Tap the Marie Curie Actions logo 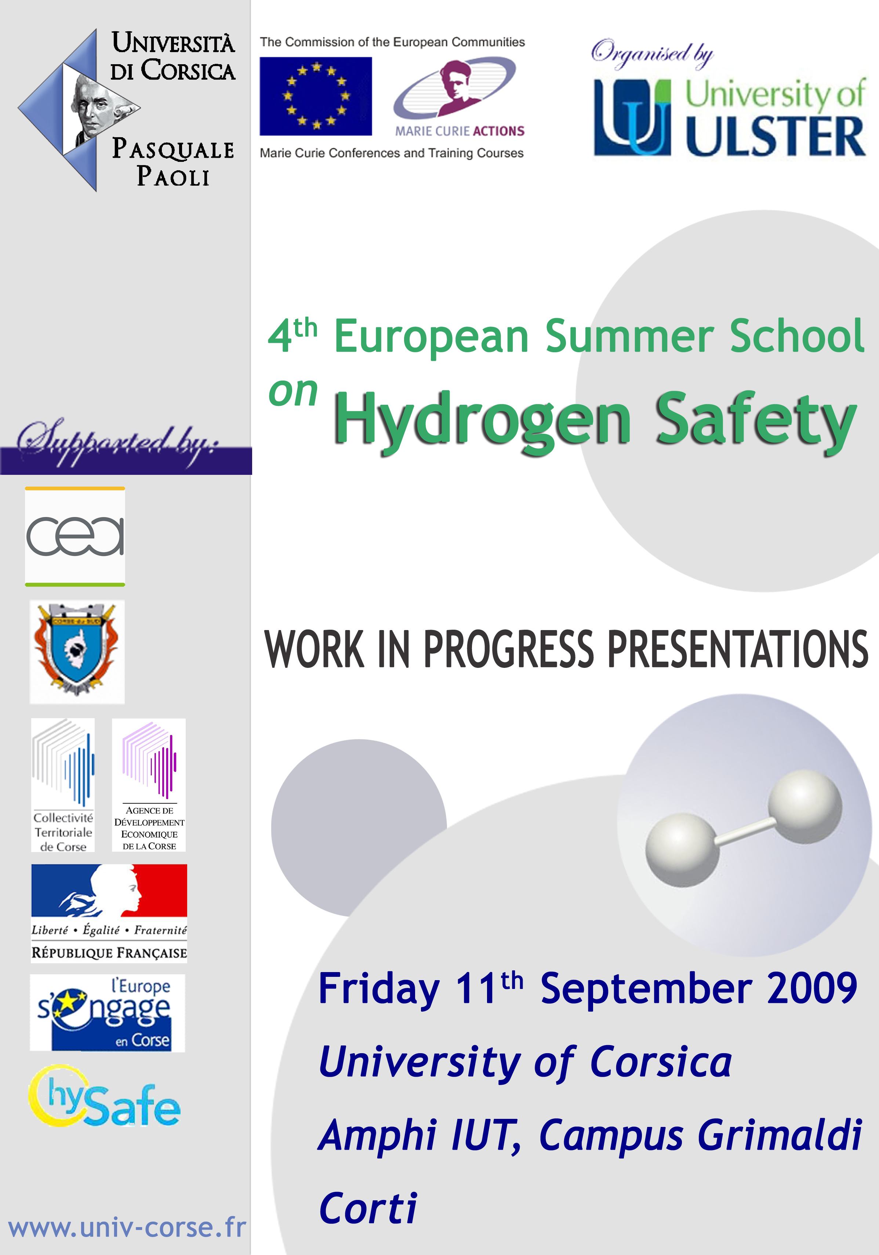[458, 97]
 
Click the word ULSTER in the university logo [775, 136]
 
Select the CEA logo [75, 536]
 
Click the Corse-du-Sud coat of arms [77, 651]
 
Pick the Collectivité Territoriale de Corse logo [63, 785]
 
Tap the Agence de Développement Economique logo [149, 785]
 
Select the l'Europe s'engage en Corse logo [107, 1013]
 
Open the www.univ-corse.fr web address [127, 1227]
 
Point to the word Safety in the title [756, 421]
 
